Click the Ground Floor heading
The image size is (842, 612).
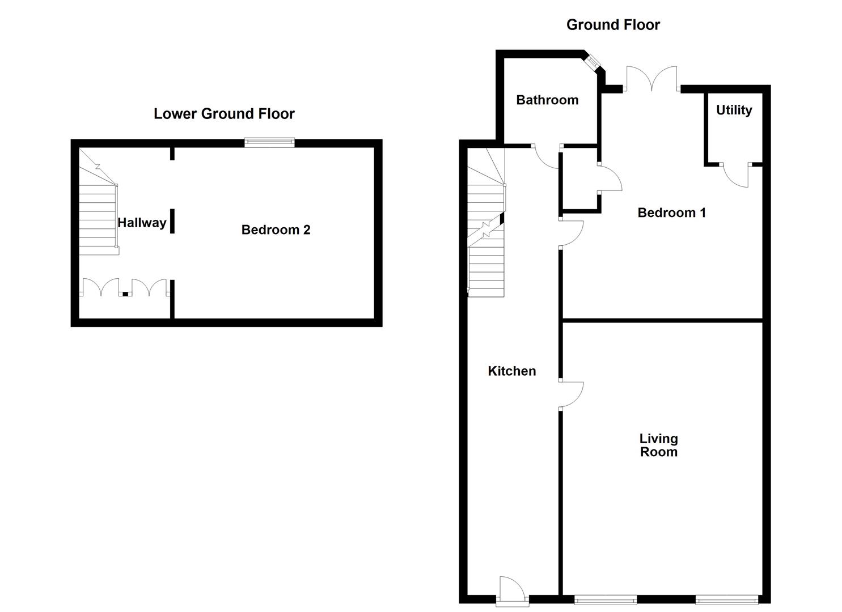pyautogui.click(x=613, y=25)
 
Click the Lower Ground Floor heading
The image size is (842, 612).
pyautogui.click(x=224, y=114)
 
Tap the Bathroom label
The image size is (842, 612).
pyautogui.click(x=547, y=100)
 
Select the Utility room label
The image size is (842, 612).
pyautogui.click(x=734, y=110)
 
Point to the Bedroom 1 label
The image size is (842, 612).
pyautogui.click(x=672, y=212)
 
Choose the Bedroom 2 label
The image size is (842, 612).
pyautogui.click(x=276, y=229)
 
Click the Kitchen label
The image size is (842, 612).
pyautogui.click(x=511, y=371)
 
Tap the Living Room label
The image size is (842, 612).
pyautogui.click(x=658, y=445)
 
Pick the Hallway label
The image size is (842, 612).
pyautogui.click(x=142, y=223)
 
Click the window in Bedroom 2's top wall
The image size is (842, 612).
pyautogui.click(x=269, y=142)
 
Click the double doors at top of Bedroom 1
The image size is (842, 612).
pyautogui.click(x=652, y=79)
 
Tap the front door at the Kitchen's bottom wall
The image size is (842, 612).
pyautogui.click(x=512, y=591)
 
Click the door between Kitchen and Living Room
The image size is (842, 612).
pyautogui.click(x=571, y=395)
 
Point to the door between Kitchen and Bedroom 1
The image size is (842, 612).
pyautogui.click(x=571, y=234)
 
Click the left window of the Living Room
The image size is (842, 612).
pyautogui.click(x=605, y=600)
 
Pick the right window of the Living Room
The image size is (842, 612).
pyautogui.click(x=726, y=600)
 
